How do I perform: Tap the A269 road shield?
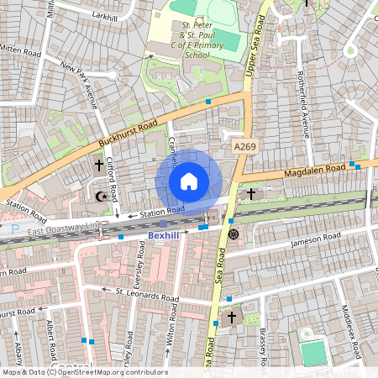click(244, 147)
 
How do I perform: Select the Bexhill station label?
click(164, 236)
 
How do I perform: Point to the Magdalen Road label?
click(315, 171)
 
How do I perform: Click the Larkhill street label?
click(105, 16)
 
